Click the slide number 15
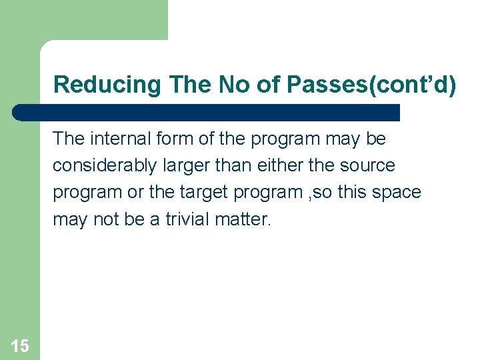coord(20,345)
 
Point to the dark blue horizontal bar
coord(207,112)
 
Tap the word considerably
coord(103,165)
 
